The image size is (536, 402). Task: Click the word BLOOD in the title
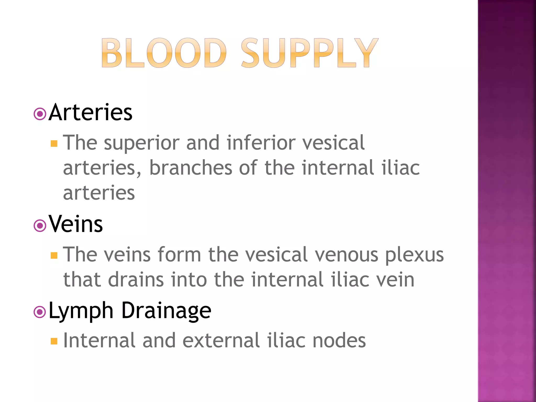[164, 53]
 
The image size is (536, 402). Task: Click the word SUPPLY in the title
[309, 53]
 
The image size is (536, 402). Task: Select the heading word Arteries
[91, 113]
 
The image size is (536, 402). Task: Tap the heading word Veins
[76, 224]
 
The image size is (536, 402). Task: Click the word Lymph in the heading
[81, 311]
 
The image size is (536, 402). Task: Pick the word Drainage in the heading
[166, 311]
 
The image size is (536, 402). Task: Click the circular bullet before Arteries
[40, 114]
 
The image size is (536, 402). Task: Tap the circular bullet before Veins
[40, 226]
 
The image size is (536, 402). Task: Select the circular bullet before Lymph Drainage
[40, 312]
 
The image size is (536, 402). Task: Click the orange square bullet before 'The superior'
[54, 144]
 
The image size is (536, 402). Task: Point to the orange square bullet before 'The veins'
[54, 255]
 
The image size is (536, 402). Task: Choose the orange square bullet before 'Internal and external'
[54, 341]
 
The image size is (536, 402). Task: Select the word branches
[191, 168]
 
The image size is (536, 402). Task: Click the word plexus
[414, 255]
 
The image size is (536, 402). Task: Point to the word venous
[347, 255]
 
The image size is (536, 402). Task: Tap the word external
[221, 340]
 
